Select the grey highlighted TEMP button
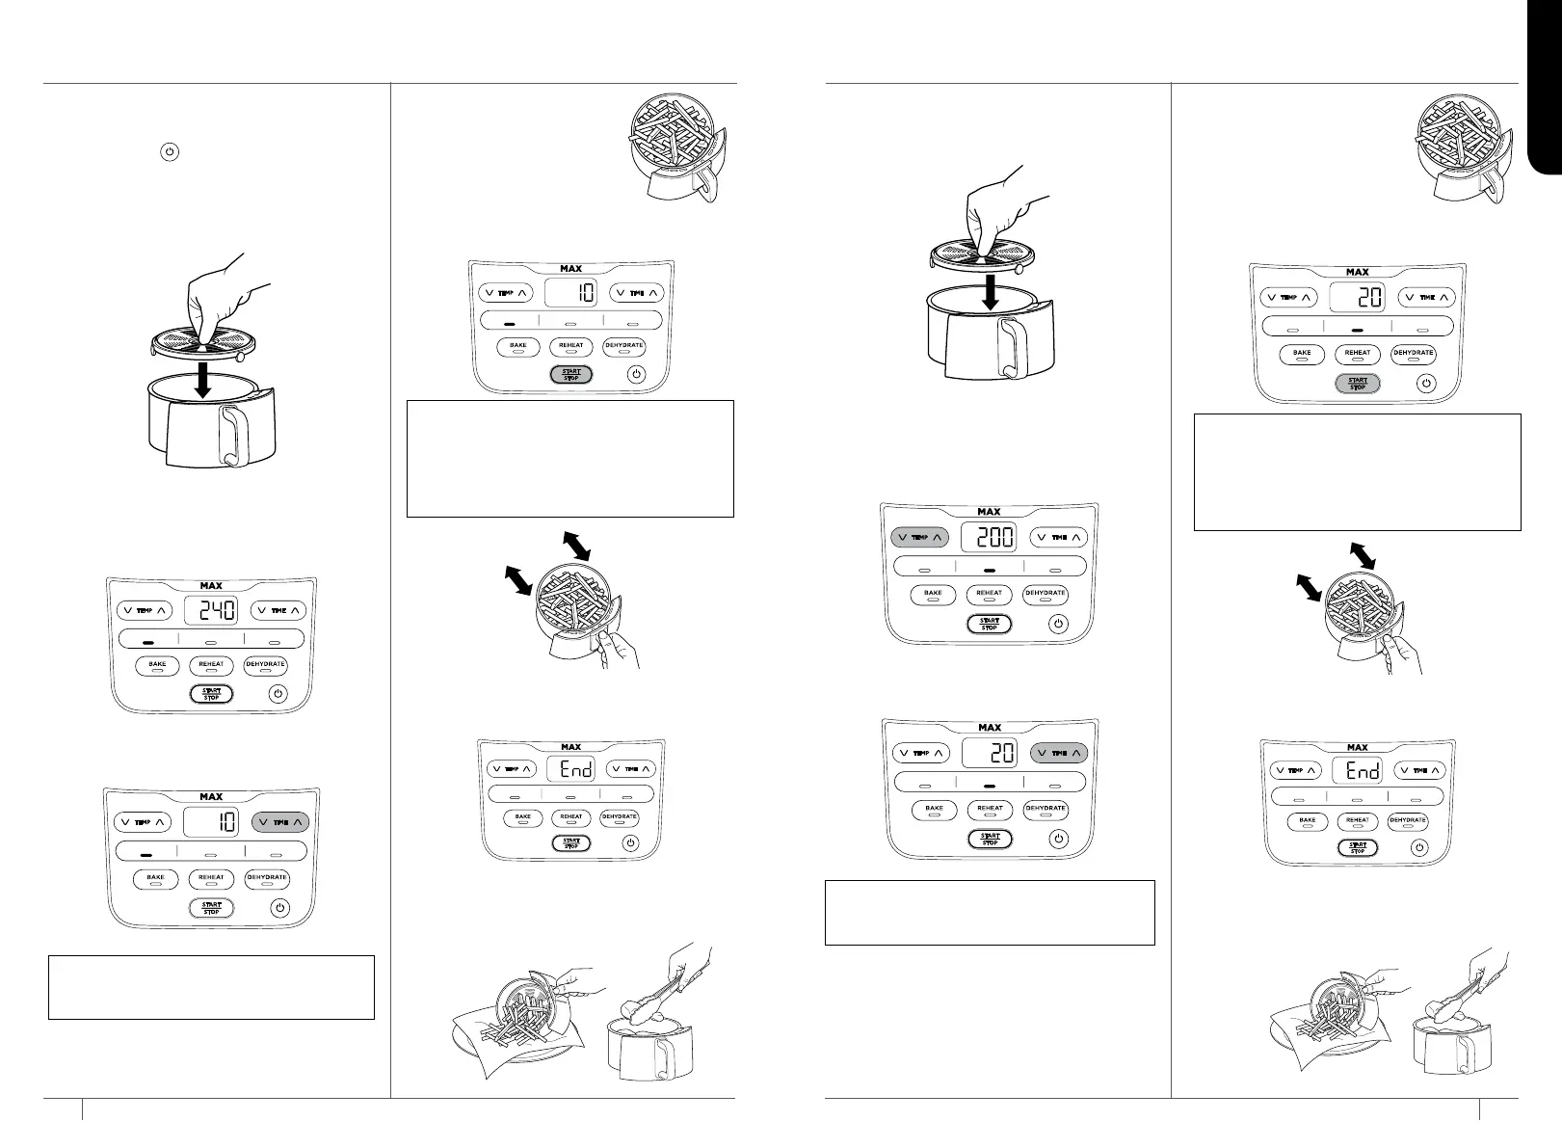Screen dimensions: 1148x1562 tap(920, 538)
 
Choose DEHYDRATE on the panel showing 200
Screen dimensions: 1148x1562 tap(1046, 594)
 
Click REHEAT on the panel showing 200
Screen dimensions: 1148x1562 tap(990, 594)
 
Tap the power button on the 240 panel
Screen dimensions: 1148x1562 tap(278, 693)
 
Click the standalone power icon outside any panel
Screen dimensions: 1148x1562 tap(169, 152)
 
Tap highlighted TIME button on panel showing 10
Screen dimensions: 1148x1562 tap(280, 822)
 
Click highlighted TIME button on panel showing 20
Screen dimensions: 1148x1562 tap(1058, 753)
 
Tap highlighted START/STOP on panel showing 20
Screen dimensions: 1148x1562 tap(1358, 383)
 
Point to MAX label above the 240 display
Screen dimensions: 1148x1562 tap(211, 585)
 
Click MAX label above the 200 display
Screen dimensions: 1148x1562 tap(990, 512)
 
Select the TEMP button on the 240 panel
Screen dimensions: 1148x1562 tap(144, 610)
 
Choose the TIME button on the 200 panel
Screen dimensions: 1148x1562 tap(1059, 538)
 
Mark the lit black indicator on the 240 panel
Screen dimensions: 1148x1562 tap(148, 640)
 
